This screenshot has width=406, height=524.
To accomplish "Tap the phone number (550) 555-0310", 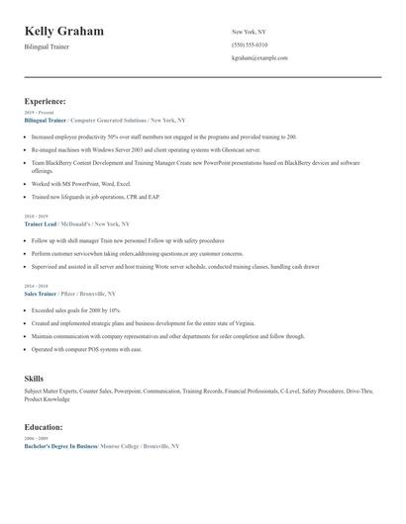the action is [250, 44].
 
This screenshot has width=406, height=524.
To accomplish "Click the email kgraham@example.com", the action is [259, 58].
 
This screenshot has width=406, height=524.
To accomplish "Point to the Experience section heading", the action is [46, 101].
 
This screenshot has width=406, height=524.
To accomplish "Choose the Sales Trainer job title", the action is [45, 294].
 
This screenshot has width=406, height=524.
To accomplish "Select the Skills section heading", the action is [34, 379].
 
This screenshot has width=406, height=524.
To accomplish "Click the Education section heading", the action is [44, 427].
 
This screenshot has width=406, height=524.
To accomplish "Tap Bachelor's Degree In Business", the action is [59, 446].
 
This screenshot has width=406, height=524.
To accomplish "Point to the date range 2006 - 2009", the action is [35, 438].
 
